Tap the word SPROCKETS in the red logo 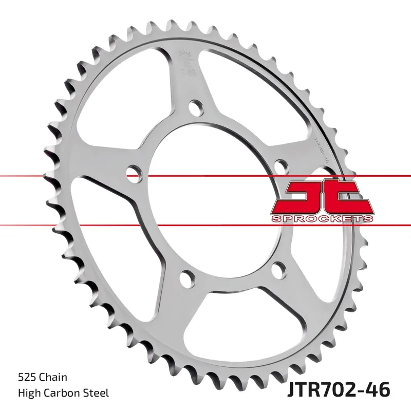pos(322,219)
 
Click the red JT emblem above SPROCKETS pos(322,198)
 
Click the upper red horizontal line pos(77,176)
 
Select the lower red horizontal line pos(77,225)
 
